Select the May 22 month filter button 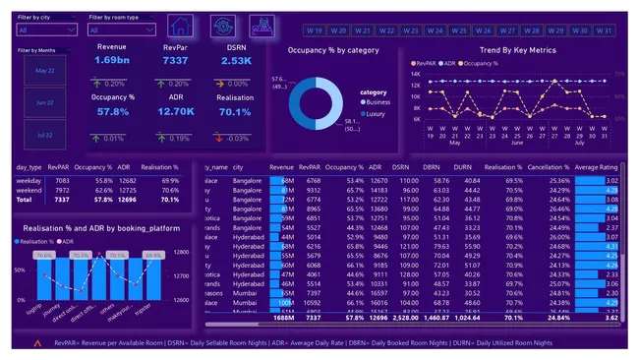pos(45,71)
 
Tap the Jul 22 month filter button pos(45,134)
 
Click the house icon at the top pos(180,27)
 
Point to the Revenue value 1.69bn pos(110,60)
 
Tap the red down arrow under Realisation pos(222,138)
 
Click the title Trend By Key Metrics pos(517,50)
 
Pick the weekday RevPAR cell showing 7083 pos(62,181)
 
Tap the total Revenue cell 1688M pos(282,318)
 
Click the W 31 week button pos(605,30)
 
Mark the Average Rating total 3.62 pos(609,318)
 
